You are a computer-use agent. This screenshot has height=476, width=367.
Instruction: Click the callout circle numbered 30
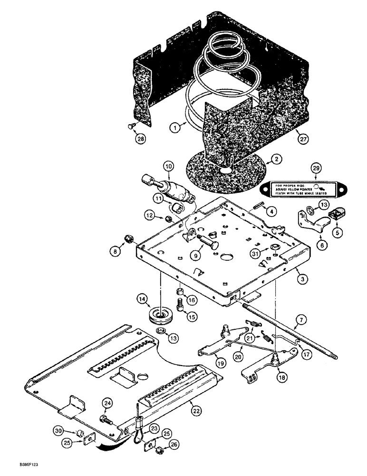click(71, 431)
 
